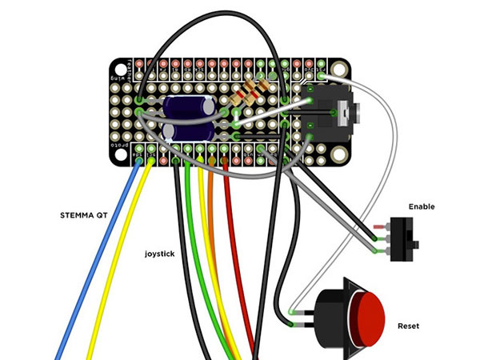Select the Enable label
[x=422, y=206]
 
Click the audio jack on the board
[x=329, y=116]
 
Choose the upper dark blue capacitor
[x=189, y=107]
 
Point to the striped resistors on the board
[x=249, y=94]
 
